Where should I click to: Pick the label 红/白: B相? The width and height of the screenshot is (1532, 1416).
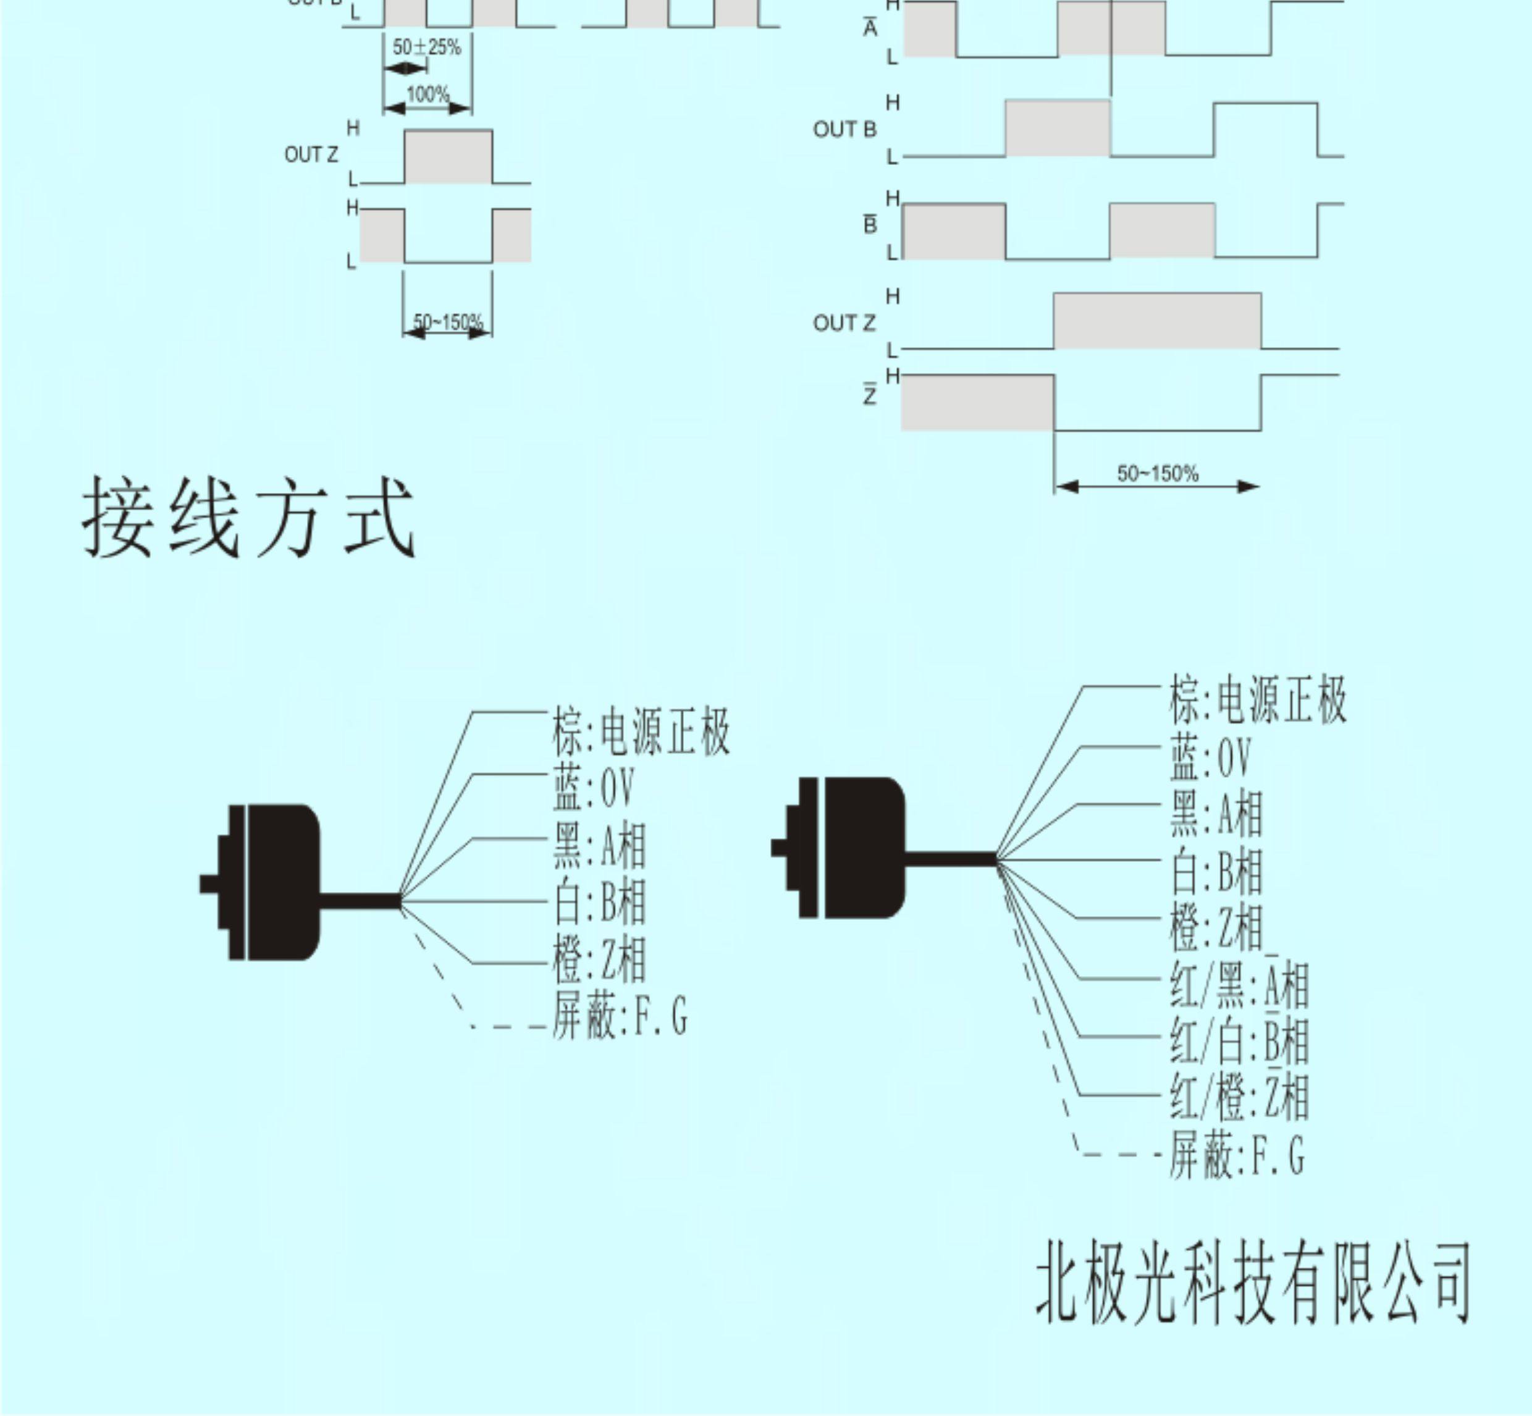(x=1239, y=1040)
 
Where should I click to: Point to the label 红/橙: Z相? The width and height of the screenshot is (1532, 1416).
(x=1239, y=1097)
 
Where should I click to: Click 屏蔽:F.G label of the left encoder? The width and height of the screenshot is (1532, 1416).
(x=619, y=1014)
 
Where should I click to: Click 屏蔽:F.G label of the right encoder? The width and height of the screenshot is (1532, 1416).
(x=1235, y=1155)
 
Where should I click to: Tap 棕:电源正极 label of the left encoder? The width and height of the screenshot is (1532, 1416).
(x=641, y=733)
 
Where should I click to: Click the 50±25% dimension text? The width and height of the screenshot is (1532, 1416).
(x=427, y=48)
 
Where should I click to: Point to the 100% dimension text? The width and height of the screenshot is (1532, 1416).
(x=427, y=95)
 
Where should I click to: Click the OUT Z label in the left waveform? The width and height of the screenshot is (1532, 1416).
(x=311, y=155)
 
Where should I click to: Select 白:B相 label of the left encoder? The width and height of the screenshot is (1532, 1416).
(x=600, y=901)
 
